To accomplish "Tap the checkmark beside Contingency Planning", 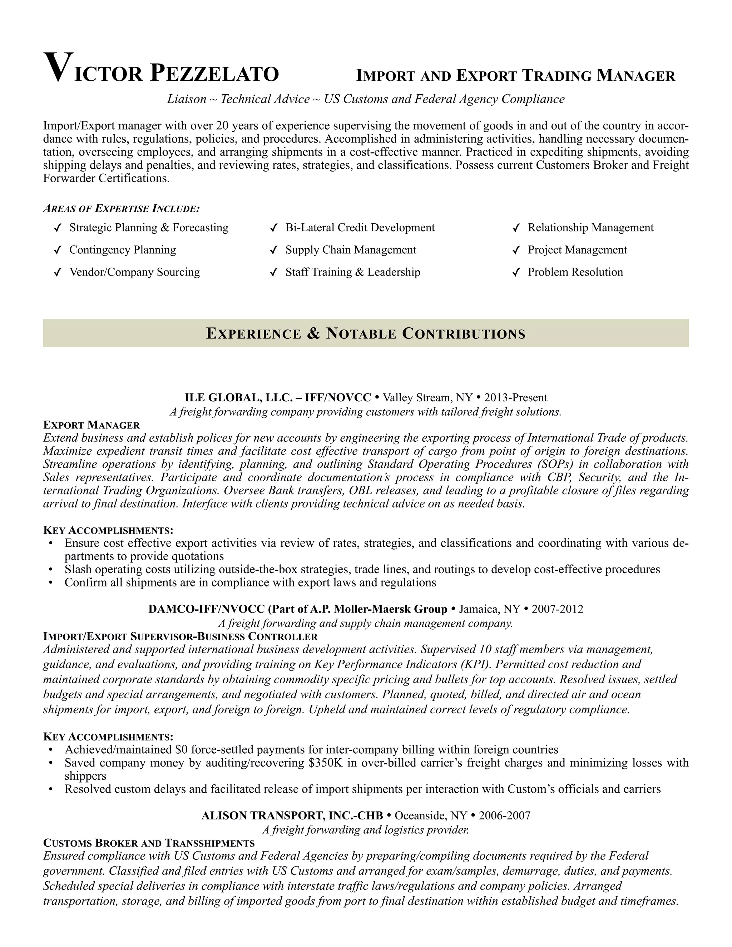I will coord(56,250).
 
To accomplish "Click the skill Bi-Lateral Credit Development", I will coord(360,228).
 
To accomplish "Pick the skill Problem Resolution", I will coord(575,272).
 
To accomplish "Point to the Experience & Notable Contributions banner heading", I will coord(366,333).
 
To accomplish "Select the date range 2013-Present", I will coord(516,398).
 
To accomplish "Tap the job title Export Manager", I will coord(91,425).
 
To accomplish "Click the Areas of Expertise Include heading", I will coord(122,209).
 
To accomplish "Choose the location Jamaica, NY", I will coord(489,609).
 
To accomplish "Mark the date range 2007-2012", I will coord(557,609).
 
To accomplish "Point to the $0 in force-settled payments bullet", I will coord(181,750).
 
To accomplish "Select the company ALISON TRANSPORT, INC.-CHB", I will coord(292,815).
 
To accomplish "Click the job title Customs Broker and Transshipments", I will coord(149,843).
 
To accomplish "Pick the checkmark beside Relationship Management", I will coord(516,228).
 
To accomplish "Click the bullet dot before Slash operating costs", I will coord(51,569).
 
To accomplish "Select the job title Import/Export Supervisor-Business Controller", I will coord(180,636).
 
